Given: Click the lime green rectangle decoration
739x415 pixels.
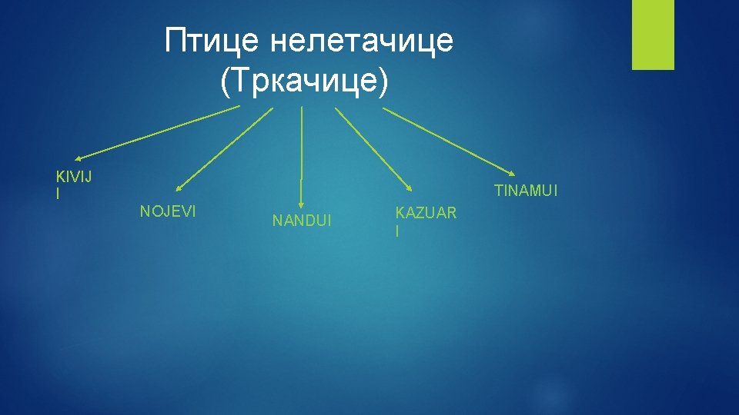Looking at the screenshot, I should [x=653, y=35].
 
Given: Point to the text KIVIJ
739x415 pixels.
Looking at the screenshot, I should [x=74, y=178].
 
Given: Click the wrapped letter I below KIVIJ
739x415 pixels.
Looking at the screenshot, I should [x=58, y=194].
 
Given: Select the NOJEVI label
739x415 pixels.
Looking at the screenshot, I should [x=168, y=211].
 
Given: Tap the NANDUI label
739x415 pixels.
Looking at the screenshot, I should [x=302, y=221].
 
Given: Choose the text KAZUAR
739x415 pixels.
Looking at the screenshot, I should [x=426, y=212].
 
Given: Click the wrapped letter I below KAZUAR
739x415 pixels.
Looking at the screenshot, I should [x=397, y=230].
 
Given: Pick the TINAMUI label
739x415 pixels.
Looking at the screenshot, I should [x=526, y=191].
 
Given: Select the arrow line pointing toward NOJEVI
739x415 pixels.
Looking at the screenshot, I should [x=223, y=148].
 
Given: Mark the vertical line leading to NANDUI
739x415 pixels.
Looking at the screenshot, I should [x=301, y=146].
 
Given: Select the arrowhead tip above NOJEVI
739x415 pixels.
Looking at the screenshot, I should [x=176, y=188].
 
